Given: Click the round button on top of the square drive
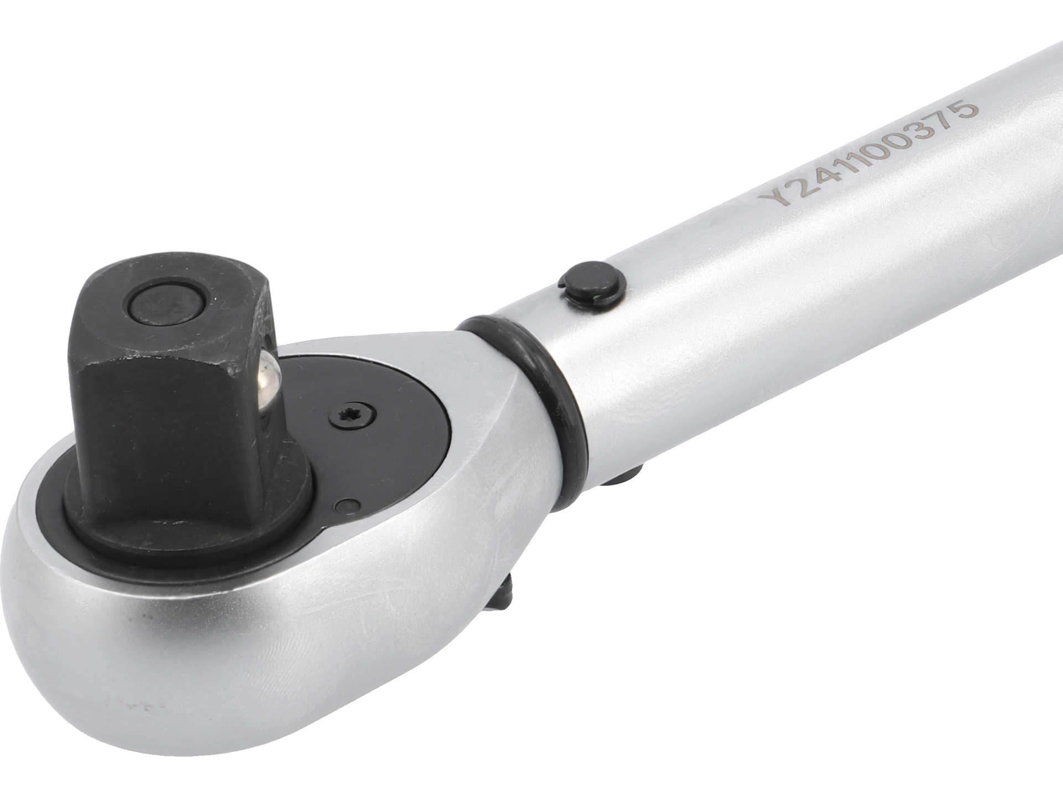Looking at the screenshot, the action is [164, 304].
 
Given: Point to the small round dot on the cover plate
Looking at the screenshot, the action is [348, 506].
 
